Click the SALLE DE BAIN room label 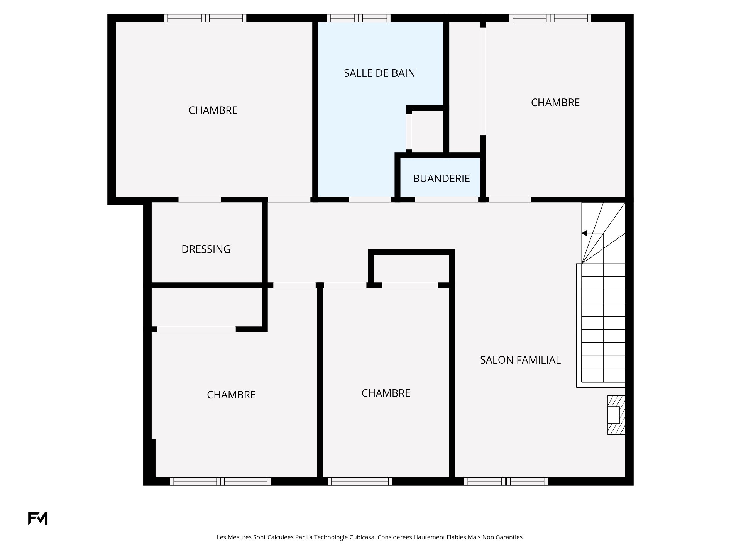(x=379, y=73)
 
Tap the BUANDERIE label (x=442, y=178)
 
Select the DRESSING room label (x=206, y=249)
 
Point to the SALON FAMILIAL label (x=520, y=360)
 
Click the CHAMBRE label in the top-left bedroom (x=213, y=110)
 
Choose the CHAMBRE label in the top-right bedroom (x=555, y=102)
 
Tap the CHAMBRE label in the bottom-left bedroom (x=231, y=395)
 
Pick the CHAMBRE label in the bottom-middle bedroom (x=386, y=393)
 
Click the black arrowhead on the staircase (x=585, y=233)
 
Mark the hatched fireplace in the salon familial (x=616, y=415)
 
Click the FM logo (x=38, y=519)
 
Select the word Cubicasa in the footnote (x=362, y=537)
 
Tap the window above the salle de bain (x=359, y=18)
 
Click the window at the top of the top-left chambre (x=205, y=18)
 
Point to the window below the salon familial (x=506, y=481)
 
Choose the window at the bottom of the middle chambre (x=360, y=481)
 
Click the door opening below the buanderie (x=447, y=200)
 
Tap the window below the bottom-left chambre (x=220, y=481)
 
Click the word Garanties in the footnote (x=511, y=537)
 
